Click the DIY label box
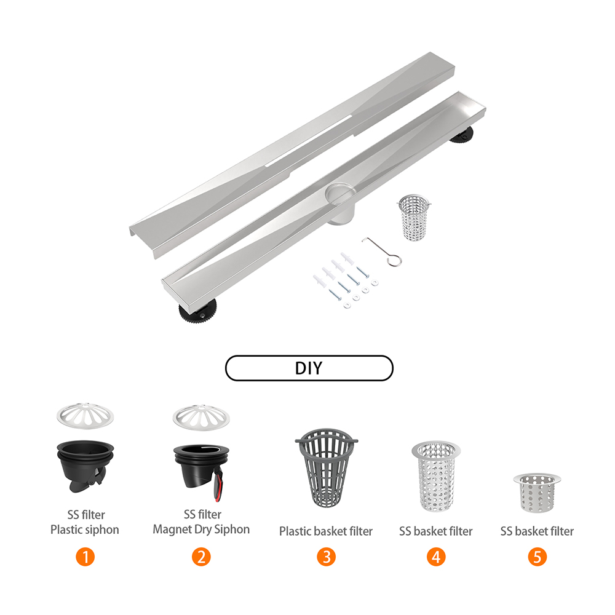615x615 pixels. pyautogui.click(x=309, y=368)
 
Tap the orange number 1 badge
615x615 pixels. pyautogui.click(x=85, y=557)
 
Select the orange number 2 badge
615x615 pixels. pyautogui.click(x=201, y=557)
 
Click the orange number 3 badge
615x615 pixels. pyautogui.click(x=327, y=557)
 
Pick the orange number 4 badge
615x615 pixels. pyautogui.click(x=436, y=557)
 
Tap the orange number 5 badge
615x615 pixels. pyautogui.click(x=538, y=557)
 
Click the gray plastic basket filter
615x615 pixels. pyautogui.click(x=327, y=467)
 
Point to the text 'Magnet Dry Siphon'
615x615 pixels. pyautogui.click(x=201, y=529)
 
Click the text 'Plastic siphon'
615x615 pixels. pyautogui.click(x=85, y=530)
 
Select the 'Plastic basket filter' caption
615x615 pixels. pyautogui.click(x=326, y=531)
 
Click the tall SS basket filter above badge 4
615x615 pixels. pyautogui.click(x=436, y=476)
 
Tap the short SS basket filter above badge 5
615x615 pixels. pyautogui.click(x=537, y=493)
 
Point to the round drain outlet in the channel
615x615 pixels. pyautogui.click(x=340, y=193)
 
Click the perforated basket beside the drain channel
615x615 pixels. pyautogui.click(x=414, y=217)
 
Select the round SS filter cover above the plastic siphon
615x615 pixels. pyautogui.click(x=85, y=416)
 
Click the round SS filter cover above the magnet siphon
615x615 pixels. pyautogui.click(x=201, y=418)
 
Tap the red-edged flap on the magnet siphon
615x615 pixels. pyautogui.click(x=218, y=485)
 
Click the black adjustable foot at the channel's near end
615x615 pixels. pyautogui.click(x=198, y=312)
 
